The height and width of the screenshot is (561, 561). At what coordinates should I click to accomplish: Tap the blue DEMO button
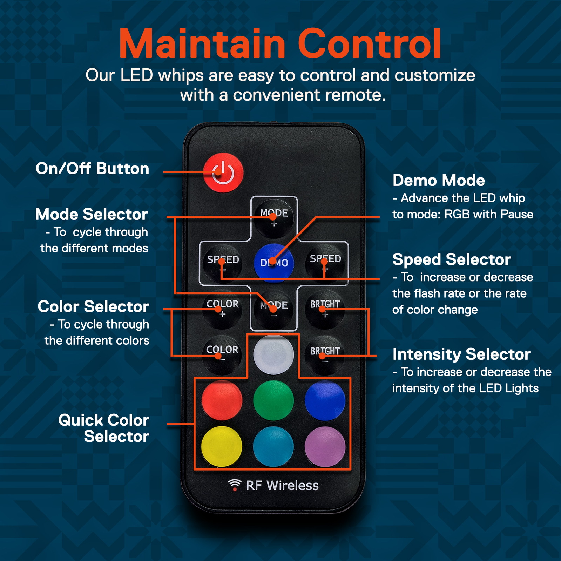274,263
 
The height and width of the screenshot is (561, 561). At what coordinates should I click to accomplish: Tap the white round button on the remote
273,354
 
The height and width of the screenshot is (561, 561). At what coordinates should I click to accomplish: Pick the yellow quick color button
222,446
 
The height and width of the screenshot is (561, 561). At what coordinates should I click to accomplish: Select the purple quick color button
325,446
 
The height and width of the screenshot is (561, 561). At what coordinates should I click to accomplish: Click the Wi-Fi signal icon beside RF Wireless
235,485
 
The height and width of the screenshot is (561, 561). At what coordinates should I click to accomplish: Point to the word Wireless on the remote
292,486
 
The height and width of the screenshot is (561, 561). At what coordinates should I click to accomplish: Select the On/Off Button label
93,169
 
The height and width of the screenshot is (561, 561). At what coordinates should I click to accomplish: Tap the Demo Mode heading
439,180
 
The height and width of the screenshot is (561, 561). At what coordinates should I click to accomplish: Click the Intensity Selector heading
461,354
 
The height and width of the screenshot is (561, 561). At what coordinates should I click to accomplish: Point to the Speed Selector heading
452,259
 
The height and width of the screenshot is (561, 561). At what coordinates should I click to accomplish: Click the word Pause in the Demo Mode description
517,214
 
